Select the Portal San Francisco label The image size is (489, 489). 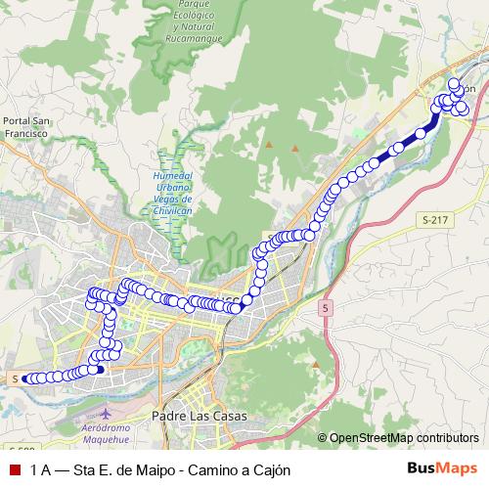(x=25, y=126)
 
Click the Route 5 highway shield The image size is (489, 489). (x=326, y=307)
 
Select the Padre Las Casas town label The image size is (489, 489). (x=200, y=416)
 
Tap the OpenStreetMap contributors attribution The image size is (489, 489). (x=403, y=437)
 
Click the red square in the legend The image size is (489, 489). (x=14, y=469)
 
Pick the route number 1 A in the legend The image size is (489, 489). (x=41, y=469)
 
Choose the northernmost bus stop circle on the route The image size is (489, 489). (x=454, y=82)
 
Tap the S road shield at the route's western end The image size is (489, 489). (x=17, y=378)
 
